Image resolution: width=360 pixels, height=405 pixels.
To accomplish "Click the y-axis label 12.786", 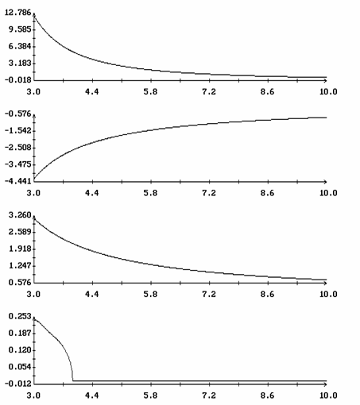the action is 17,13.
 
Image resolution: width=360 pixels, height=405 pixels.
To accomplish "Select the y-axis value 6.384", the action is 20,46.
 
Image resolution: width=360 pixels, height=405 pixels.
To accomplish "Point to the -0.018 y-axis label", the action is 17,80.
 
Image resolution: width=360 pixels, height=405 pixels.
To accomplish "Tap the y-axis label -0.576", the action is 17,114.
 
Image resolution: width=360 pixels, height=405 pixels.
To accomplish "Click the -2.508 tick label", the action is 17,148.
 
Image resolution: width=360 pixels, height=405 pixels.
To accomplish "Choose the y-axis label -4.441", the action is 17,181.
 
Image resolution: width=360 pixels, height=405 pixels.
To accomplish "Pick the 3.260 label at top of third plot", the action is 20,215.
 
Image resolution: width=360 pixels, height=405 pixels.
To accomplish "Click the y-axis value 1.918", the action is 20,249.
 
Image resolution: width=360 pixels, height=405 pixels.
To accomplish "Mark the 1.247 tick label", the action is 20,265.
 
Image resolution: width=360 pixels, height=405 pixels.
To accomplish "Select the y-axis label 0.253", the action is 20,316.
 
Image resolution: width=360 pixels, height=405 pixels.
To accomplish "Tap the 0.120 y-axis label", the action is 20,350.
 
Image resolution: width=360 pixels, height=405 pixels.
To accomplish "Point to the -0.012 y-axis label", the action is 17,384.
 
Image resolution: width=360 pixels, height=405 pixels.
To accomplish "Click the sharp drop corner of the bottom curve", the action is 73,380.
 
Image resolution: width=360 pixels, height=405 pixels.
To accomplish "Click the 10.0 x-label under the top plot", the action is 328,92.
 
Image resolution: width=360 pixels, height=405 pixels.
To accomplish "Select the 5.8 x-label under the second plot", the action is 150,193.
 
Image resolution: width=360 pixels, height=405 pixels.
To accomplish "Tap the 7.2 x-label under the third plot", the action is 209,294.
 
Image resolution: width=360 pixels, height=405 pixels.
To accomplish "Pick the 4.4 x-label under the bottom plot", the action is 92,395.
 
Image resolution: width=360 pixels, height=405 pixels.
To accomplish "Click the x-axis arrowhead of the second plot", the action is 325,182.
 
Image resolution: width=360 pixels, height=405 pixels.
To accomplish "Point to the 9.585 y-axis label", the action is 20,29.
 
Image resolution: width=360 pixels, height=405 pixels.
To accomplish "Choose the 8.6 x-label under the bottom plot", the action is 267,395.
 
